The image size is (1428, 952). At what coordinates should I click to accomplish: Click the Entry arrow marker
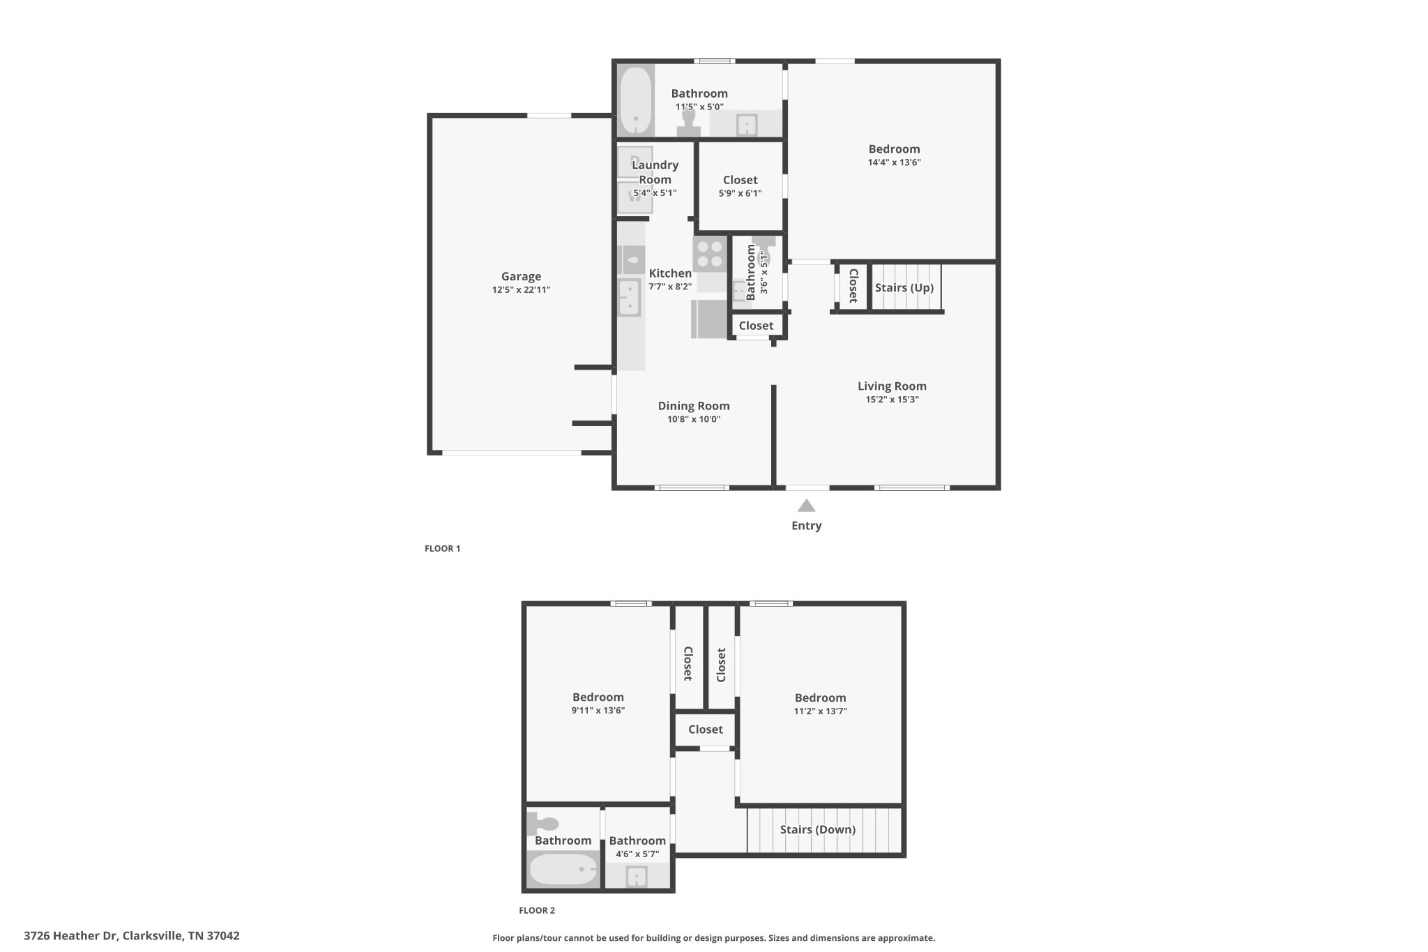tap(806, 506)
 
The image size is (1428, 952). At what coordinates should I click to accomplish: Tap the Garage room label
tap(521, 276)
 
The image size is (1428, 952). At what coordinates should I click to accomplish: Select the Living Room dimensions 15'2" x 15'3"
tap(892, 400)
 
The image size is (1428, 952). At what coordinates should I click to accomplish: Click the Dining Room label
tap(694, 406)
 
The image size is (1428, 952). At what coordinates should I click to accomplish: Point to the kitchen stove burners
tap(710, 254)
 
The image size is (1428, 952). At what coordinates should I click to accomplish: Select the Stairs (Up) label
tap(904, 287)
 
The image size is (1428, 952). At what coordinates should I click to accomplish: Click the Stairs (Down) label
tap(817, 829)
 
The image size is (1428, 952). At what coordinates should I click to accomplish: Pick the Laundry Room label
tap(655, 172)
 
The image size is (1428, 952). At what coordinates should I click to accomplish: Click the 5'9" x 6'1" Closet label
tap(740, 180)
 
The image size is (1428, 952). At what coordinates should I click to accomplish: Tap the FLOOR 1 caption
tap(442, 548)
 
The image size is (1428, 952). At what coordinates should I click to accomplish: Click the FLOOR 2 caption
tap(537, 910)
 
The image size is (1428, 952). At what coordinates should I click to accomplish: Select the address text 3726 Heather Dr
tap(70, 936)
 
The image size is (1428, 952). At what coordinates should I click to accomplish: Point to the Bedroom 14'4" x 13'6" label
tap(894, 149)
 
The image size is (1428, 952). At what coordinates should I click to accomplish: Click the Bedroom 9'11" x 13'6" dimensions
tap(598, 711)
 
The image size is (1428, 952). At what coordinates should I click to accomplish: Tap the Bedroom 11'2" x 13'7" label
tap(820, 697)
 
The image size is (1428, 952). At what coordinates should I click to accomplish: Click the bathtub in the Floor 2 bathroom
tap(563, 869)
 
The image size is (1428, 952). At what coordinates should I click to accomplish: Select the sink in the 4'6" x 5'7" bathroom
tap(637, 877)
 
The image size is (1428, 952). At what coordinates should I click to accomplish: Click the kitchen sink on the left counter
tap(629, 297)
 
